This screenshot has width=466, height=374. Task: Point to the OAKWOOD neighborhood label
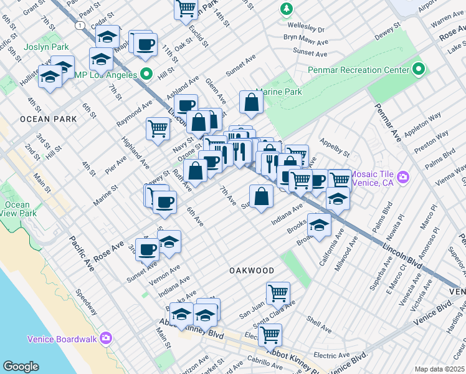(x=251, y=271)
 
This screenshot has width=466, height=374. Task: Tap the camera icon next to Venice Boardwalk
(x=106, y=338)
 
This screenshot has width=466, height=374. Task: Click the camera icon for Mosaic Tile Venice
(x=403, y=178)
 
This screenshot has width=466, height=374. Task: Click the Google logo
(x=21, y=367)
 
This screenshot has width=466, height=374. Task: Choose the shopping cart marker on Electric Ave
(x=270, y=334)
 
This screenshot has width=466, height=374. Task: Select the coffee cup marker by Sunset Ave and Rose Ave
(x=148, y=249)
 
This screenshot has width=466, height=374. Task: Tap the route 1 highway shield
(x=80, y=25)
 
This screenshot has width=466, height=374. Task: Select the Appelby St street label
(x=335, y=150)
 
